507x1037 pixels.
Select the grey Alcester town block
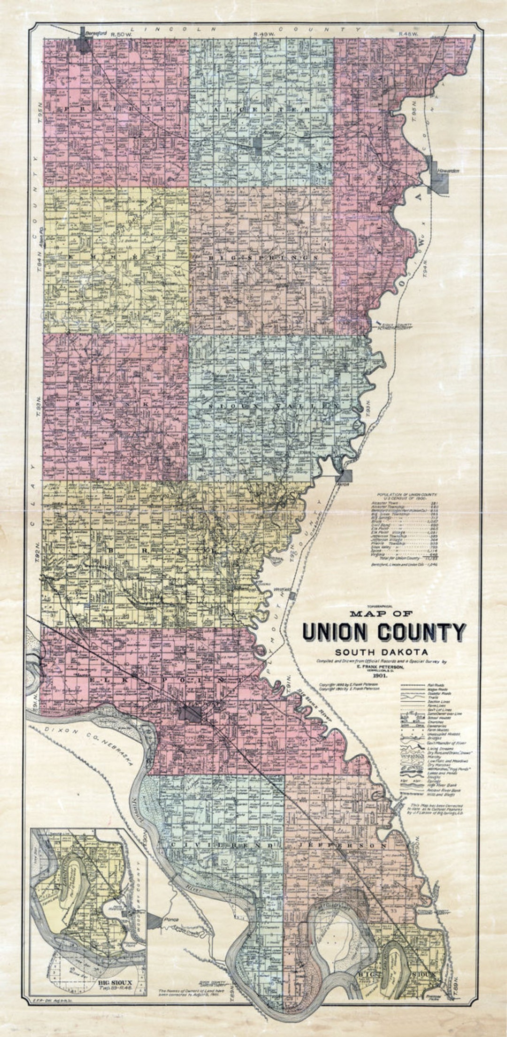(258, 144)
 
